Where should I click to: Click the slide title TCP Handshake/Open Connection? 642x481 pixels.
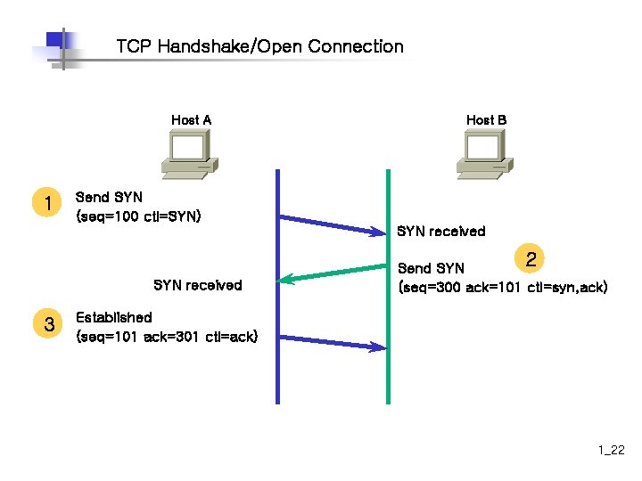(x=259, y=46)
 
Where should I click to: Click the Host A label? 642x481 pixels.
(x=191, y=120)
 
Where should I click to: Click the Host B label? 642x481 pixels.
(x=486, y=120)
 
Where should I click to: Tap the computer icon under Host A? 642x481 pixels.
(x=188, y=153)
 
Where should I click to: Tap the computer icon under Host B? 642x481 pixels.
(x=484, y=153)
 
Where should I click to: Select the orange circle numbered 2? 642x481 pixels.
(x=531, y=260)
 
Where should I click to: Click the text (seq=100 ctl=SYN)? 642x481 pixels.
(x=139, y=216)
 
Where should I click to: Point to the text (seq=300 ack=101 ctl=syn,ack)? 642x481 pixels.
(x=503, y=288)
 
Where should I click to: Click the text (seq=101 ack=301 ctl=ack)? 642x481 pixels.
(x=167, y=337)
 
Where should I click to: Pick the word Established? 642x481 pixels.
(x=113, y=317)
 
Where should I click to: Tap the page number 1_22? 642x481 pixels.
(x=612, y=452)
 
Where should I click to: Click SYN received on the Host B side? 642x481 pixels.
(x=440, y=232)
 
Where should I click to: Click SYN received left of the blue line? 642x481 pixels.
(x=197, y=285)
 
